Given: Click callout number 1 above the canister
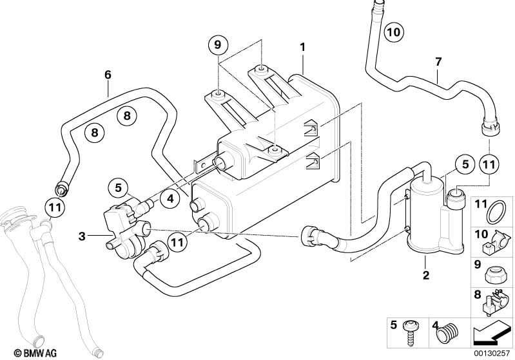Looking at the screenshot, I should (302, 47).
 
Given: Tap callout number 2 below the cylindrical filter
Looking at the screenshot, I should (425, 275).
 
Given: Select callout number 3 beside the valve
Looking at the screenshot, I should (82, 237).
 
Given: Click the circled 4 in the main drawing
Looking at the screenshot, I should (170, 199).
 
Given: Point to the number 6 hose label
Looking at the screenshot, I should (108, 75).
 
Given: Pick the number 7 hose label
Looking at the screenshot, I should (438, 62).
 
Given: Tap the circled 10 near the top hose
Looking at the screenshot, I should (393, 31).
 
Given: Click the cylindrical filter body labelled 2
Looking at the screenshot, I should (425, 213).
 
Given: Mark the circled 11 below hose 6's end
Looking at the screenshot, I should (55, 207).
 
